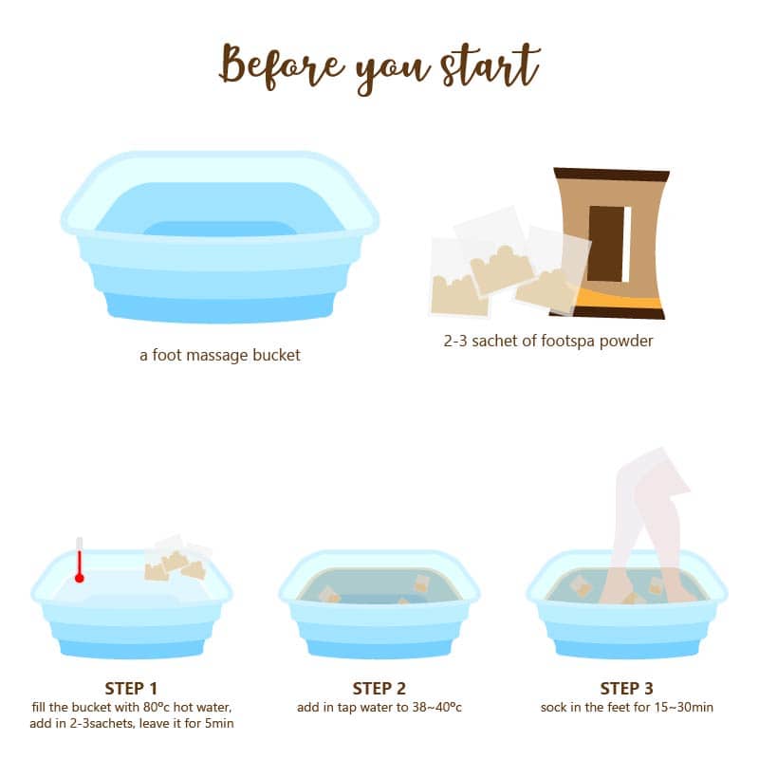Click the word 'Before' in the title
click(282, 66)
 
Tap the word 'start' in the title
click(491, 66)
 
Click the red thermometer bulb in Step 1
click(80, 578)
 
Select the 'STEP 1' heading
click(131, 689)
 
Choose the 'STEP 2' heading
click(379, 689)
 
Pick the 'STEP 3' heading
click(626, 689)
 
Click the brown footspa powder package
click(612, 244)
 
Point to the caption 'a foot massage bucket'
click(220, 355)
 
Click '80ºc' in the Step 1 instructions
click(157, 707)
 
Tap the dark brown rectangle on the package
click(606, 244)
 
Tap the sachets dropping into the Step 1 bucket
click(177, 559)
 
